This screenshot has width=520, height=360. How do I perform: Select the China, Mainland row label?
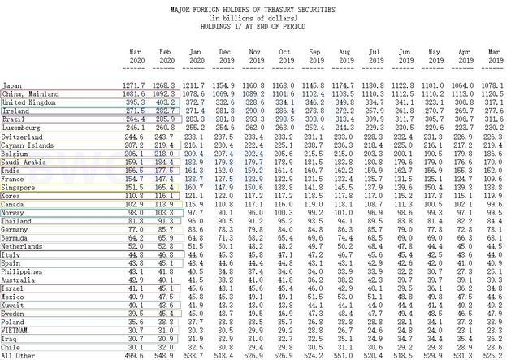tap(28, 93)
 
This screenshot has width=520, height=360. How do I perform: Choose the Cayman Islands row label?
tap(27, 145)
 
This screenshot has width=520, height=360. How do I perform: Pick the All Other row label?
tap(19, 356)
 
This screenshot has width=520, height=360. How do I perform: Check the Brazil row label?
tap(13, 119)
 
